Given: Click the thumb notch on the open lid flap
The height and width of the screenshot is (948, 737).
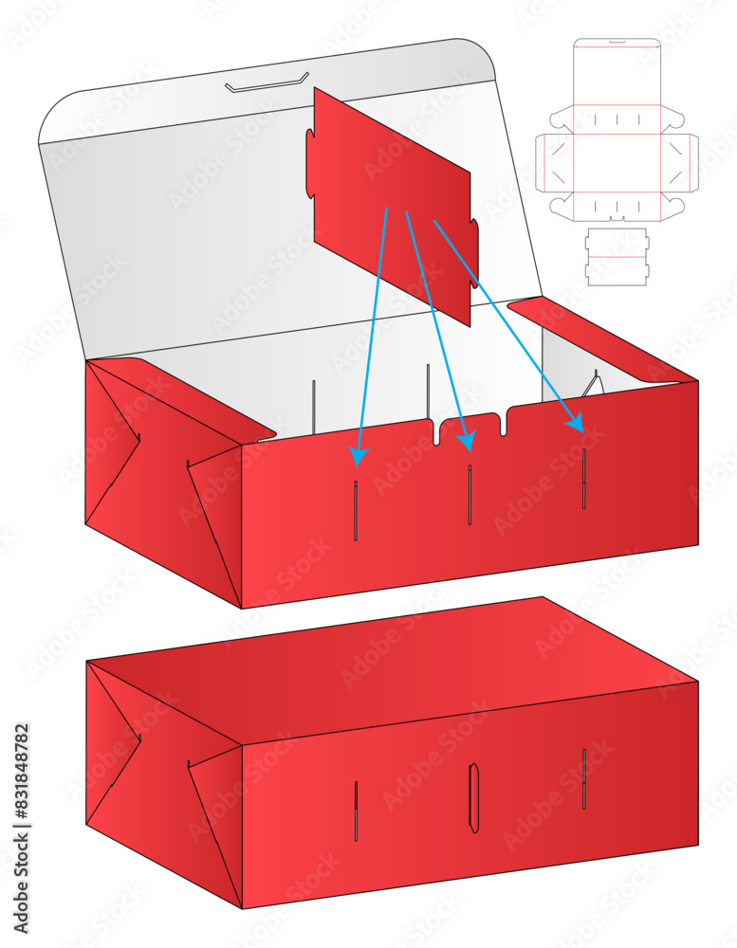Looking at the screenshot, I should point(267,83).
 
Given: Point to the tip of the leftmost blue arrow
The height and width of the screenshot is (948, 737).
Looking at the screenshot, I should point(357,462).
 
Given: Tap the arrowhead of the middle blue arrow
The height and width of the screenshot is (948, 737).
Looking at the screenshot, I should point(466,446).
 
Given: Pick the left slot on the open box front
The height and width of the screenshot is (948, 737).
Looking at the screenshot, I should point(356,511).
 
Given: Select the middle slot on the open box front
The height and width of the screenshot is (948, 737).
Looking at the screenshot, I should point(470,495).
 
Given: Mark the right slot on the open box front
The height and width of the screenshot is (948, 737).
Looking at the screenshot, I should point(583,479).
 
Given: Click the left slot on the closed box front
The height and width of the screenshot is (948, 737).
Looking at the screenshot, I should point(356,811).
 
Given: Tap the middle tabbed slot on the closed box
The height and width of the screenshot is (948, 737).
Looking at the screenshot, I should point(473,798).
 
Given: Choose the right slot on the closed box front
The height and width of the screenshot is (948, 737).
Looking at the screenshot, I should point(583,779).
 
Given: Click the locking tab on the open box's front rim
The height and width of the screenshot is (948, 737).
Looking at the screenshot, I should point(471,426).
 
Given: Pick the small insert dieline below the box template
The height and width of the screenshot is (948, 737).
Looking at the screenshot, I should point(617,256).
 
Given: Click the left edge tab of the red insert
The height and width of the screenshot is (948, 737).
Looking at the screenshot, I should point(310,164).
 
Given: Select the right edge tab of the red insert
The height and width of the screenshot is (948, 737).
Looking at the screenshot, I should point(473,252).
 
